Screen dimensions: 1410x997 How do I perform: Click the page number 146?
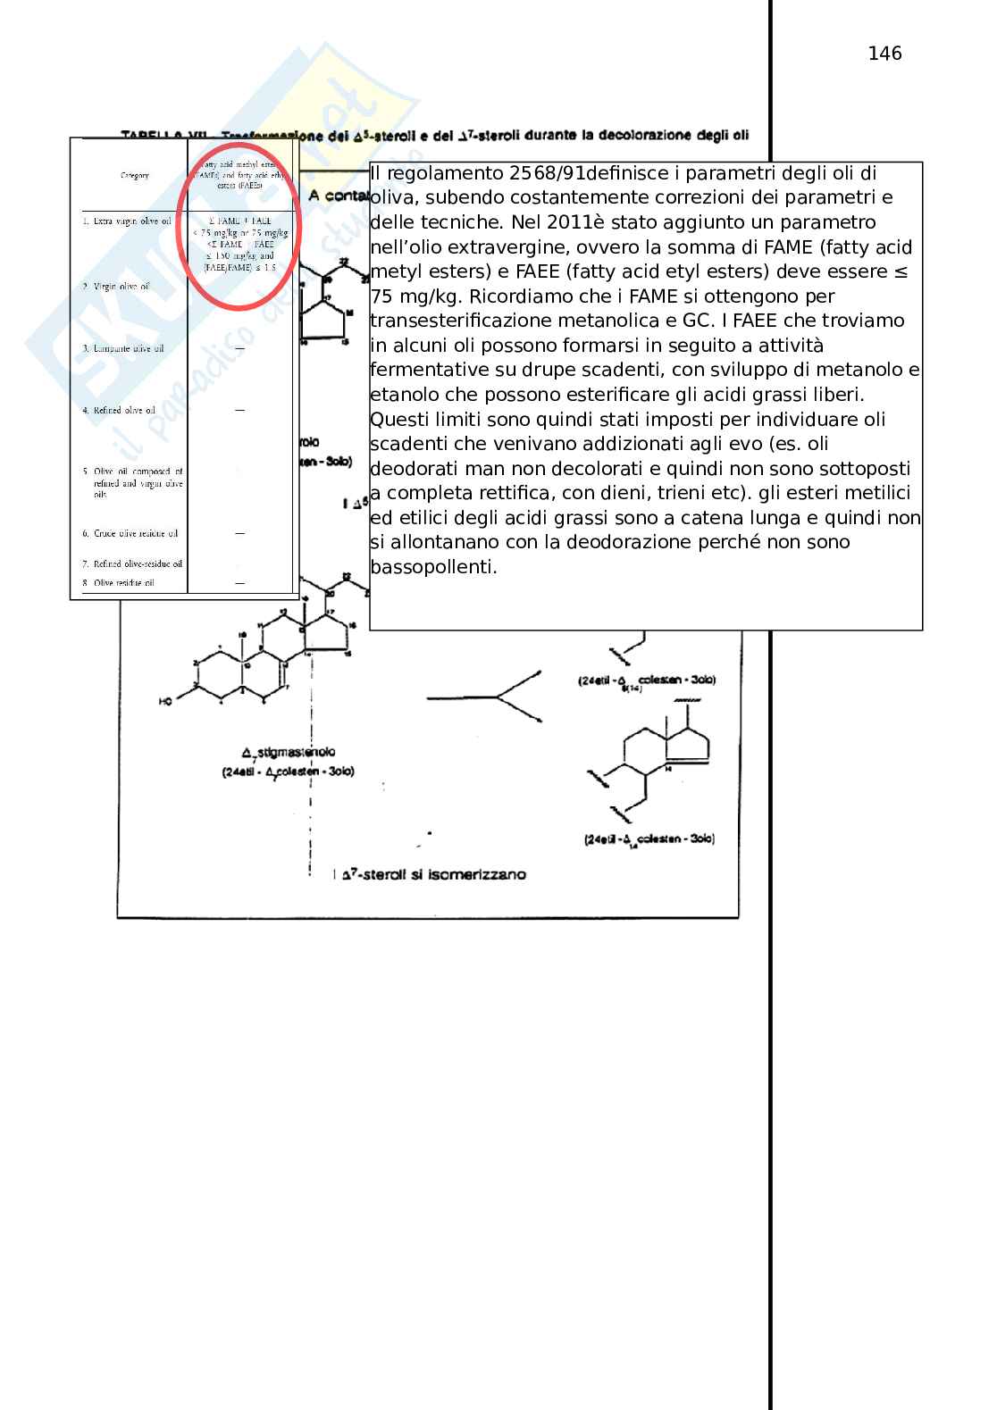(884, 54)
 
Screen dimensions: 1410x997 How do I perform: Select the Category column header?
(135, 175)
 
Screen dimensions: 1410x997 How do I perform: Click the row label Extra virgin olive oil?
(126, 221)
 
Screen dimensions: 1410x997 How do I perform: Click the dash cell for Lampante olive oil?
(239, 347)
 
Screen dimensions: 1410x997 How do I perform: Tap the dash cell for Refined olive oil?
(239, 410)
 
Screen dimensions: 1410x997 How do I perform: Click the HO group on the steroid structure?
(166, 702)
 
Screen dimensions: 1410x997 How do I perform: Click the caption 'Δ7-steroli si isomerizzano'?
(429, 874)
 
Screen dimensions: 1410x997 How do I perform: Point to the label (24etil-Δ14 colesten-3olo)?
(649, 839)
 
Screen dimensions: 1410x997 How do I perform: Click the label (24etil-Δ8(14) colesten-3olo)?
(647, 680)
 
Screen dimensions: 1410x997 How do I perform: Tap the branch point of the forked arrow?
(498, 697)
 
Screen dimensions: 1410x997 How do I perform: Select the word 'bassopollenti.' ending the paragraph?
(433, 567)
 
